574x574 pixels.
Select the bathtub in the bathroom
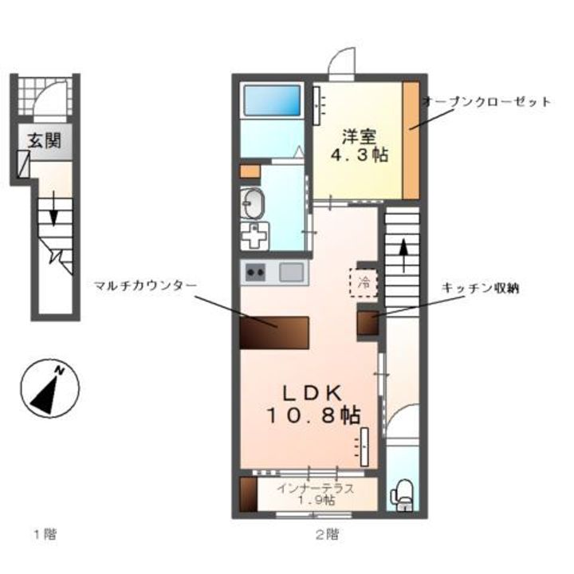[272, 101]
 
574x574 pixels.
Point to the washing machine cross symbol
[254, 237]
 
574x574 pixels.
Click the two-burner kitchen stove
[257, 273]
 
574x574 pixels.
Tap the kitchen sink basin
[291, 273]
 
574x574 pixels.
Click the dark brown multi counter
[274, 332]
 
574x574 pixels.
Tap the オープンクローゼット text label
[486, 102]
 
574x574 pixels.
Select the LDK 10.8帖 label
[313, 403]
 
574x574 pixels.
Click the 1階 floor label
[44, 533]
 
